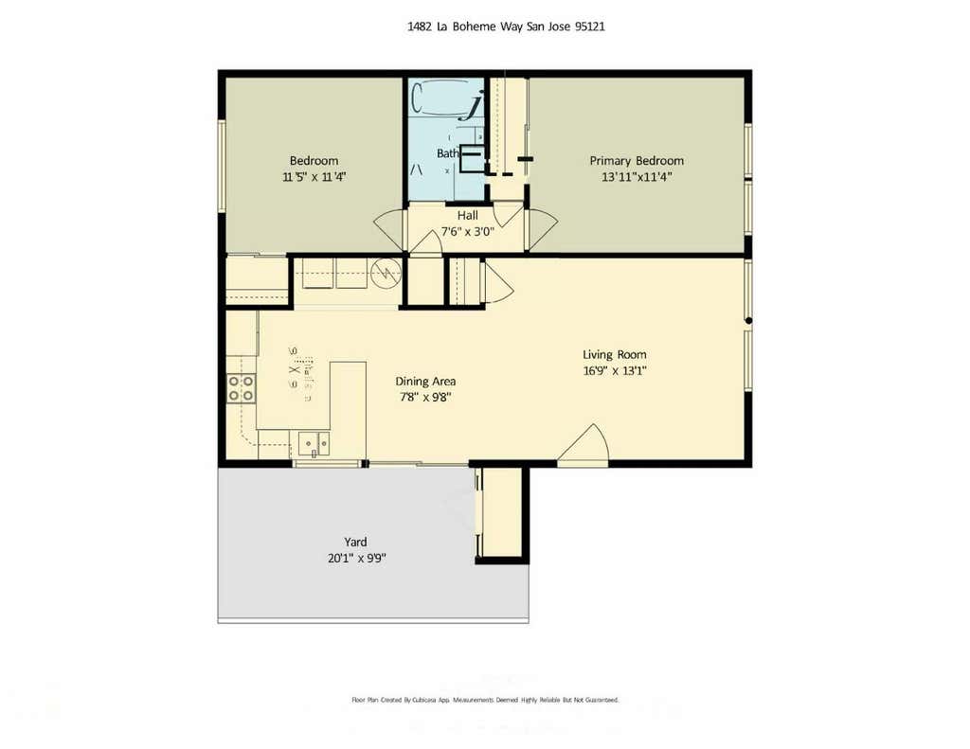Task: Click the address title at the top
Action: [506, 27]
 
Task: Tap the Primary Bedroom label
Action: [637, 161]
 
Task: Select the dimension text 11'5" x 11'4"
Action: [314, 177]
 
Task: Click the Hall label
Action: [468, 216]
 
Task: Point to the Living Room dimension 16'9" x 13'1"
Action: [614, 371]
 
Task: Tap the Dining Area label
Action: [425, 382]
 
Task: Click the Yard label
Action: [356, 542]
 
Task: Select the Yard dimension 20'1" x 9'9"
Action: [357, 558]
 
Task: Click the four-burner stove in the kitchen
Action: [242, 388]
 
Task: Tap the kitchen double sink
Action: [314, 443]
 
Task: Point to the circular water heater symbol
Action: [386, 273]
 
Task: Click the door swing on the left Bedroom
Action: [388, 230]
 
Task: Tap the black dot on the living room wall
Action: [748, 320]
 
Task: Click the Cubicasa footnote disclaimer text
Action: [486, 700]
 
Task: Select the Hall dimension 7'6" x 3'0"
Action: [468, 232]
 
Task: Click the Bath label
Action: [448, 153]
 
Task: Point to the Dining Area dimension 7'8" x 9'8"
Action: [425, 397]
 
